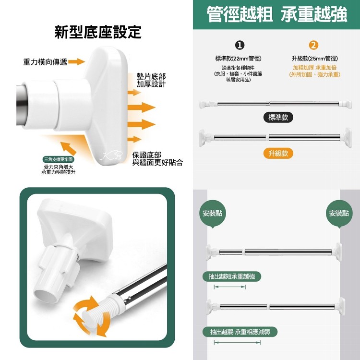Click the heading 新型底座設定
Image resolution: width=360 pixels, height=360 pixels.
(98, 32)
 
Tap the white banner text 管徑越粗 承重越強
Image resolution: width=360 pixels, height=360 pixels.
(276, 14)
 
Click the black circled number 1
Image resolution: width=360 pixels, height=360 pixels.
(240, 45)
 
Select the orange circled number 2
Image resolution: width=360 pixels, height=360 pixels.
(313, 45)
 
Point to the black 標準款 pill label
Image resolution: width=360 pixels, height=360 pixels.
(278, 118)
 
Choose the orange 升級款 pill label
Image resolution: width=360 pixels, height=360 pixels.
(278, 153)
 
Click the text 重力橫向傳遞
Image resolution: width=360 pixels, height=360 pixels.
(45, 62)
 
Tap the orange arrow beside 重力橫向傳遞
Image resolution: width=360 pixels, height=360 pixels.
(77, 61)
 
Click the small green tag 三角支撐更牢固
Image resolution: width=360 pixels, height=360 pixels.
(59, 159)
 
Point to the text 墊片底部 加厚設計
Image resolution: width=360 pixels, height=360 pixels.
(151, 80)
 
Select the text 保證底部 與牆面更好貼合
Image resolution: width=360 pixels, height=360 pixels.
(157, 159)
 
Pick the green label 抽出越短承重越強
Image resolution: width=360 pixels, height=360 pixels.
(232, 276)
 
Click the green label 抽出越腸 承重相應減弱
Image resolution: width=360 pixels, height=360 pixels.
(240, 332)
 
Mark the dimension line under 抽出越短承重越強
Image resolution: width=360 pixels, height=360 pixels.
(229, 287)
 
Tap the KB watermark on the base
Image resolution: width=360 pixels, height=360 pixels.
(111, 156)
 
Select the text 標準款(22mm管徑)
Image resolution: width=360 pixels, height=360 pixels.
(238, 59)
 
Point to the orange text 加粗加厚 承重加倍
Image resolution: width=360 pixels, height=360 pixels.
(314, 68)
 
